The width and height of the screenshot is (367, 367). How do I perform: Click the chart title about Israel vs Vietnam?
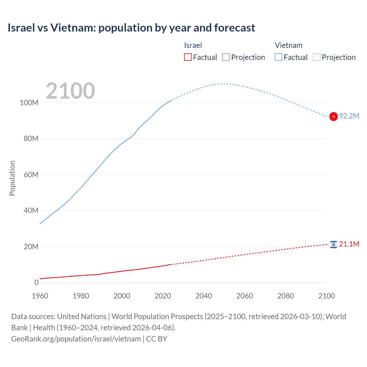[131, 28]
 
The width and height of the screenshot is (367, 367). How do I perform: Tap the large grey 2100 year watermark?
[70, 91]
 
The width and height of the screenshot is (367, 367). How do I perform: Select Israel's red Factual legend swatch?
[188, 57]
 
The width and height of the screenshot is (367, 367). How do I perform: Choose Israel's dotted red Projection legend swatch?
[226, 57]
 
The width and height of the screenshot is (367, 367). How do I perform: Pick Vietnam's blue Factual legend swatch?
[278, 57]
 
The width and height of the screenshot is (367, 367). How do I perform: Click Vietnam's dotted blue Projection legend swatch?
[317, 57]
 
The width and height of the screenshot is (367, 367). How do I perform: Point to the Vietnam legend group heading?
[288, 45]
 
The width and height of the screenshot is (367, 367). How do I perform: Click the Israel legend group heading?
[193, 45]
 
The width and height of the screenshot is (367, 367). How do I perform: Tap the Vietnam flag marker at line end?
[333, 116]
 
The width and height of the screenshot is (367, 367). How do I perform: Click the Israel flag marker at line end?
[333, 244]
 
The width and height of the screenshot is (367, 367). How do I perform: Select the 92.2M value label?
[349, 116]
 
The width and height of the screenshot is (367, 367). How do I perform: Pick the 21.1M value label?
[349, 244]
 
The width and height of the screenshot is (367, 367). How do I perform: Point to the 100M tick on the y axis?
[29, 103]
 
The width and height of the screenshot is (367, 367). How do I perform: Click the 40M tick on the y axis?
[31, 210]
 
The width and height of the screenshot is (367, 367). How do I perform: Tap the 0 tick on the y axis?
[36, 282]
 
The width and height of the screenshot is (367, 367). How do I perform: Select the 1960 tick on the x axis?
[40, 296]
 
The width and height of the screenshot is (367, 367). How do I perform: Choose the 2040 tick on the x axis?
[204, 296]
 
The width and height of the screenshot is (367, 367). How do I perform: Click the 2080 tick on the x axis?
[286, 296]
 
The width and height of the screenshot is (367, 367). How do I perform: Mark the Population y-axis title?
[12, 178]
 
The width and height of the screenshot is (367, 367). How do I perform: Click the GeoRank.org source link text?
[76, 339]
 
